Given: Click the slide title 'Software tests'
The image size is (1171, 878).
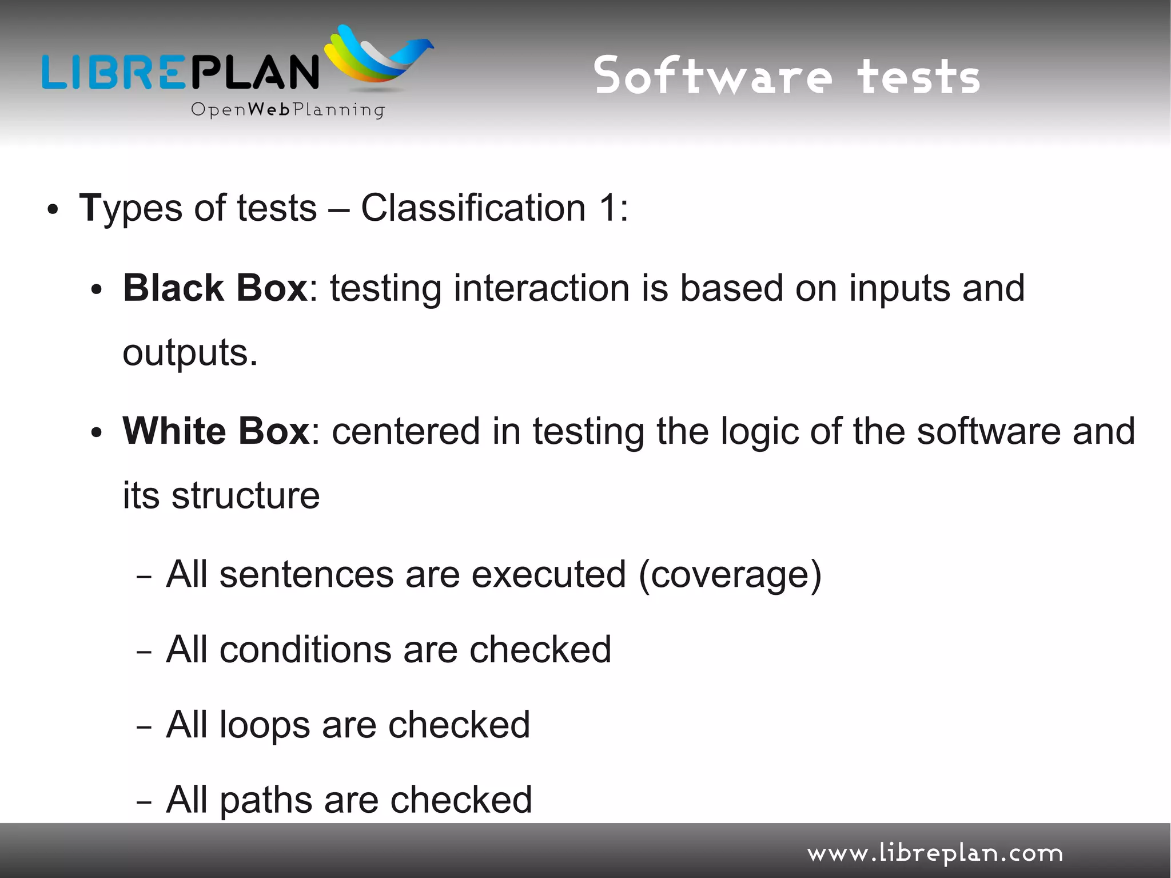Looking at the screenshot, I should pyautogui.click(x=787, y=76).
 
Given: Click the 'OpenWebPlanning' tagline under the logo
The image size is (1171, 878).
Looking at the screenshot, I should pyautogui.click(x=288, y=109).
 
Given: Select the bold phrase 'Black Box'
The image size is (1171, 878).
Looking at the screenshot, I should pyautogui.click(x=216, y=288).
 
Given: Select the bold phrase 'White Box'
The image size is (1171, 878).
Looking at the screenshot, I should pyautogui.click(x=216, y=431).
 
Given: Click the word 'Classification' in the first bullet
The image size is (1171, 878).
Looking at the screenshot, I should pyautogui.click(x=473, y=208).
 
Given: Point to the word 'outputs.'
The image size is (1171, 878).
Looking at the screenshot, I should pyautogui.click(x=190, y=353).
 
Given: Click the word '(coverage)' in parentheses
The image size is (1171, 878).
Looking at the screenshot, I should pyautogui.click(x=730, y=575).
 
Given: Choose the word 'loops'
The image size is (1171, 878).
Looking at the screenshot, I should pyautogui.click(x=265, y=725).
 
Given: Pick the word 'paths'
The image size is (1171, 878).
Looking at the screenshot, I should pyautogui.click(x=266, y=800).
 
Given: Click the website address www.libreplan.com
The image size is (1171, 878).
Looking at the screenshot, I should pyautogui.click(x=935, y=853).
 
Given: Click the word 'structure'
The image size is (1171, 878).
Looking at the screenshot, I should pyautogui.click(x=246, y=495).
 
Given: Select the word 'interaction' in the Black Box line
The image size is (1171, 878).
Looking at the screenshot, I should pyautogui.click(x=541, y=288).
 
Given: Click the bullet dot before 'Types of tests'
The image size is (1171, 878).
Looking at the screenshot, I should pyautogui.click(x=53, y=210).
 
